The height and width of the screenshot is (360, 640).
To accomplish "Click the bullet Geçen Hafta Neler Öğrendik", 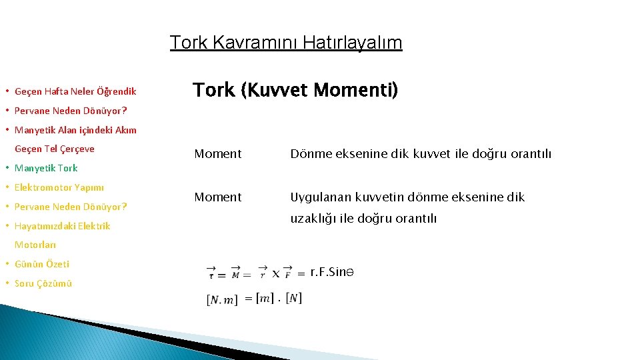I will [75, 91].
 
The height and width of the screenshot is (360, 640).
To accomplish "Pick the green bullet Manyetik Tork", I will [46, 168].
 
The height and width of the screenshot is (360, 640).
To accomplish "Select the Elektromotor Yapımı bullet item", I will [59, 187].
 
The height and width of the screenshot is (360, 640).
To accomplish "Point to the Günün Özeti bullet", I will [42, 264].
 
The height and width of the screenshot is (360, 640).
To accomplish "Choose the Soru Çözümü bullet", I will [43, 283].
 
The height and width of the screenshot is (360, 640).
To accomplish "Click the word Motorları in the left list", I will [35, 245].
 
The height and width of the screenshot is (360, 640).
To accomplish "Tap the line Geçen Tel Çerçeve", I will [55, 149].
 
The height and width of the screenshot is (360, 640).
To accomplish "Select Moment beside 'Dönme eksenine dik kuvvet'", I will [218, 154].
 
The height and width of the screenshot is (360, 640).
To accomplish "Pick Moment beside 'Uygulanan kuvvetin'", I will [218, 197].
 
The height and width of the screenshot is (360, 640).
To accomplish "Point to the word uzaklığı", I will [314, 219].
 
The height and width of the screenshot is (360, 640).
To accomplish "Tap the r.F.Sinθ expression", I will [331, 272].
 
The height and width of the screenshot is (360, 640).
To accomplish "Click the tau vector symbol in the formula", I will [211, 273].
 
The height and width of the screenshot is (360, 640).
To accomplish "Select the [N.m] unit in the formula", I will [222, 299].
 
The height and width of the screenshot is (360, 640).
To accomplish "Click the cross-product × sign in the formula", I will [276, 273].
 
